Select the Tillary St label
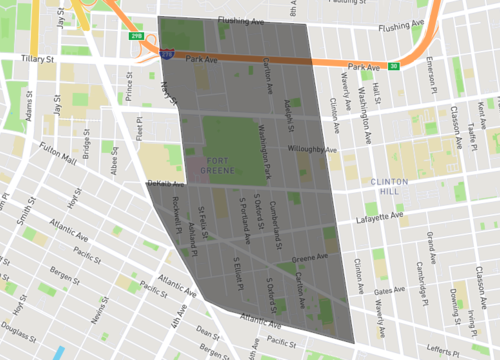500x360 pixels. (x=35, y=60)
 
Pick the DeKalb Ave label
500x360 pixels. (x=165, y=184)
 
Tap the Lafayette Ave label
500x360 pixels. (x=381, y=216)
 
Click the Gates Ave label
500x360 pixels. (x=389, y=290)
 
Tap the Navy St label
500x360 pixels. (x=166, y=94)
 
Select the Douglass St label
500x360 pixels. (x=19, y=328)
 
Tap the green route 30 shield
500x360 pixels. (x=394, y=67)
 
